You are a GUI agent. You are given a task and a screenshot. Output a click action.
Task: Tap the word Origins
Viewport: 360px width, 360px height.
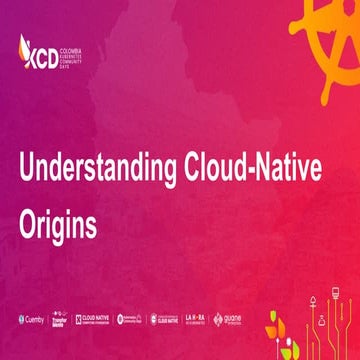pos(57,225)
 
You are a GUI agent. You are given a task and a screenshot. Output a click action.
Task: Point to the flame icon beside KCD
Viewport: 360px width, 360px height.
pos(26,46)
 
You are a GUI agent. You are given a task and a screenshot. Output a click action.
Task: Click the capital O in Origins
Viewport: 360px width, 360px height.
pos(29,224)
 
